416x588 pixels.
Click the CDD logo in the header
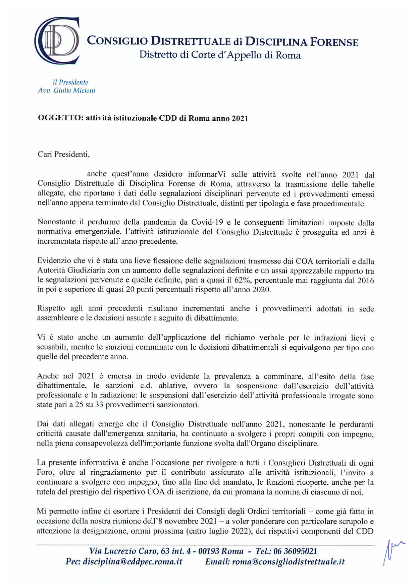point(57,41)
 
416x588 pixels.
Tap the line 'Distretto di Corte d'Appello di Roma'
point(220,55)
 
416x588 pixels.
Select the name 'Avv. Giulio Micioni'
point(66,91)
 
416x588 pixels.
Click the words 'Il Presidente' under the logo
point(70,82)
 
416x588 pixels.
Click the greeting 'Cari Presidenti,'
point(64,155)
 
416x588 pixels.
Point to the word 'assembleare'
point(57,318)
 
